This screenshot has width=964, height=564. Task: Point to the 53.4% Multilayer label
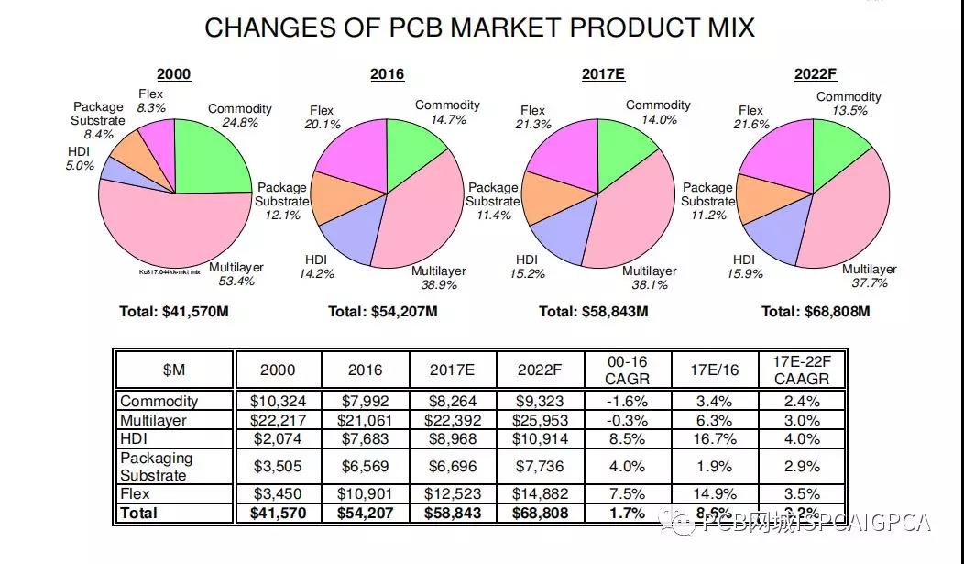(236, 274)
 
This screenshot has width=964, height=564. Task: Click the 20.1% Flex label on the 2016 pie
(322, 118)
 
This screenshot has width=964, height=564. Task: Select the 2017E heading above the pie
(603, 74)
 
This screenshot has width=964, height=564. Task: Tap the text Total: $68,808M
(816, 312)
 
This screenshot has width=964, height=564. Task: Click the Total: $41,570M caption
(173, 312)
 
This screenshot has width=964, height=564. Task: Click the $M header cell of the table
(173, 370)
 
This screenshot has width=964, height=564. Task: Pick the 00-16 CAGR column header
(628, 370)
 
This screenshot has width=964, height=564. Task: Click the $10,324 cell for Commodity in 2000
(279, 401)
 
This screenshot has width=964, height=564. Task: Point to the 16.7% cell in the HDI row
(715, 439)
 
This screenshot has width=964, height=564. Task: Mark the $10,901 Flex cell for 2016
(365, 494)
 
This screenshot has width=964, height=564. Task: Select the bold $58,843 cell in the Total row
(453, 514)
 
